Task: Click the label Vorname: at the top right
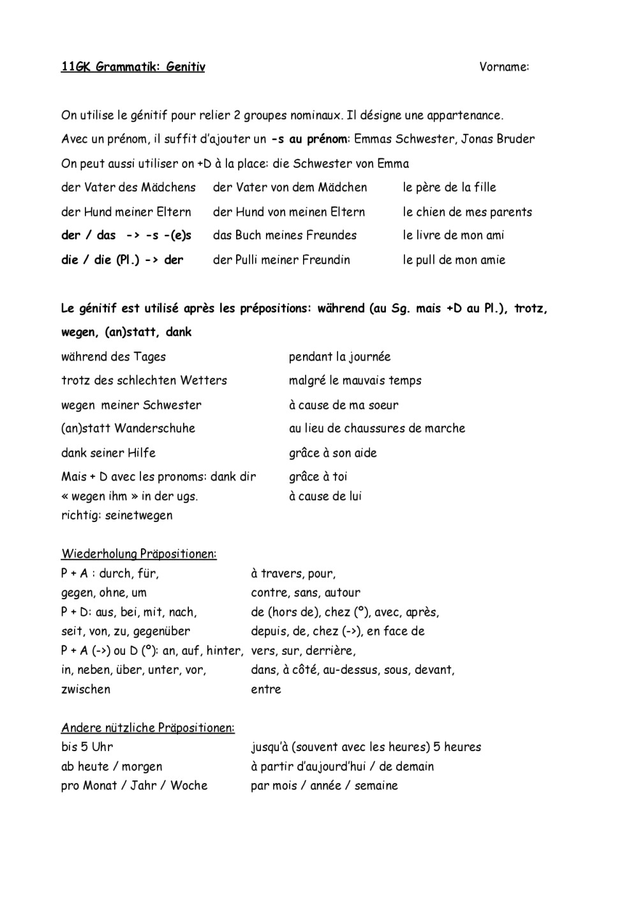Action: point(504,67)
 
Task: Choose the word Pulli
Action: point(253,260)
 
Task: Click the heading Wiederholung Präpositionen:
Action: point(138,554)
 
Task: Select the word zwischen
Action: point(85,690)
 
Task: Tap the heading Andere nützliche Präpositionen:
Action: point(147,728)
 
